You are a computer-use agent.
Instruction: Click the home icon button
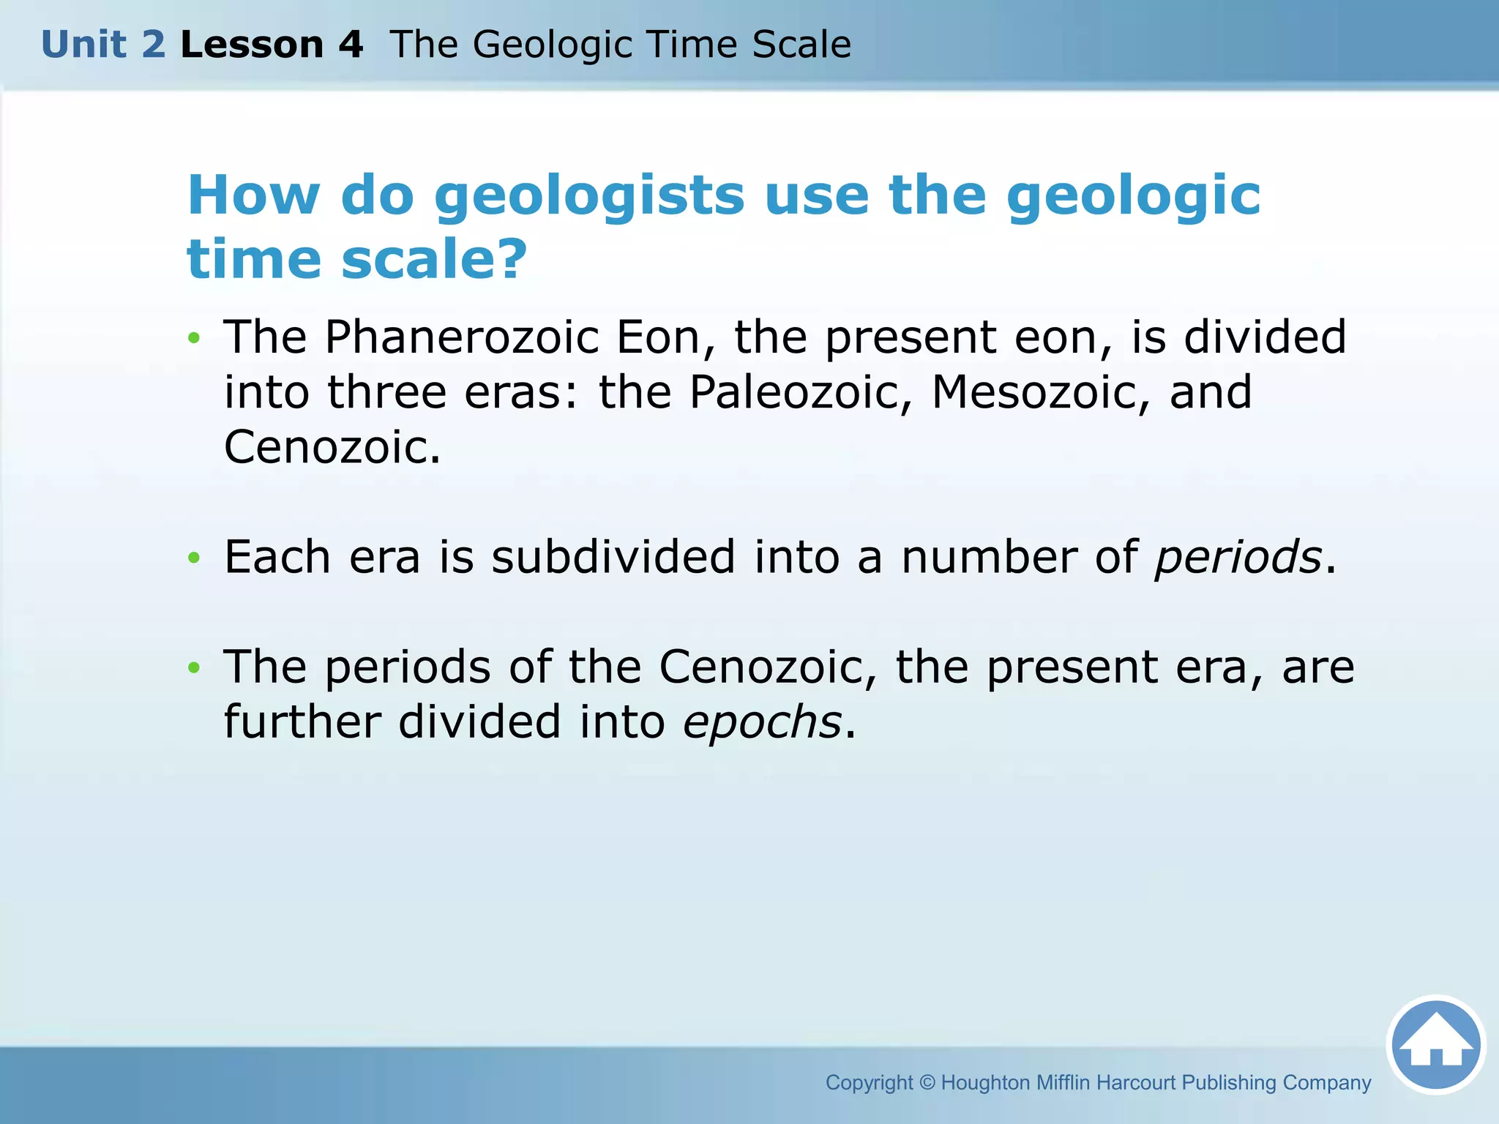point(1436,1045)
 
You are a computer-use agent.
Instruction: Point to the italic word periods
point(1238,558)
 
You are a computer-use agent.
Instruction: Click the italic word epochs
point(762,722)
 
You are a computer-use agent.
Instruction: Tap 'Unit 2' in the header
point(103,45)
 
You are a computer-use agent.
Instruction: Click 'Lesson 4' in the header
point(272,45)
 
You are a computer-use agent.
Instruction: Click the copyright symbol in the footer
point(927,1082)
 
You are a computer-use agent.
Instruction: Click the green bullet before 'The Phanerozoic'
point(193,338)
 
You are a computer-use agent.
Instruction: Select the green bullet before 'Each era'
point(193,558)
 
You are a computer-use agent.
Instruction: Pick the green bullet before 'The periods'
point(193,667)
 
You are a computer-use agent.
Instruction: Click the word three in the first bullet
point(386,393)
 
